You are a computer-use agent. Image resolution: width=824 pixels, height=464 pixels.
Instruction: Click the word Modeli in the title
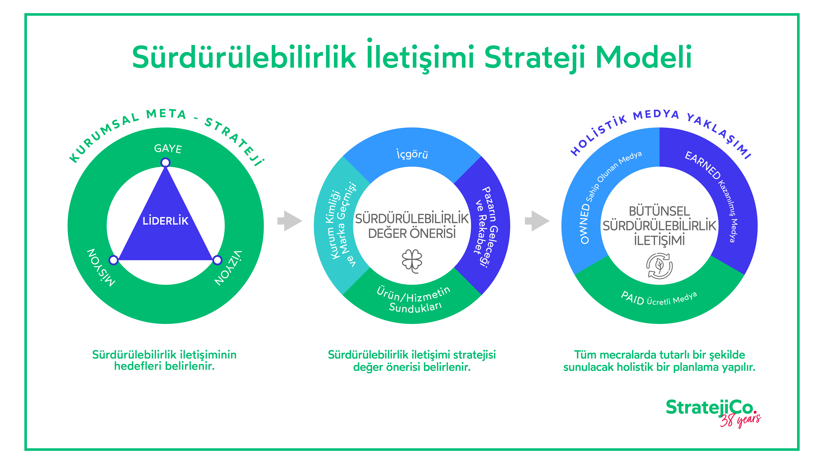coord(643,58)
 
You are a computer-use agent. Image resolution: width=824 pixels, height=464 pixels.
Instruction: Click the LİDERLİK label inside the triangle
coord(165,221)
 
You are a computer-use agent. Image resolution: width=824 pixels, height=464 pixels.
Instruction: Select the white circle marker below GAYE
coord(165,163)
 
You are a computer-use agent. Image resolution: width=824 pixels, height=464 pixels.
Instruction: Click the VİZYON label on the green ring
coord(228,268)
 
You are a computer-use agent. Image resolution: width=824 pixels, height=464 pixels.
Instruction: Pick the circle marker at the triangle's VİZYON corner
coord(217,260)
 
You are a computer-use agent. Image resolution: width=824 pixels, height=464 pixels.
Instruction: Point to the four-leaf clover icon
coord(412,261)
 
